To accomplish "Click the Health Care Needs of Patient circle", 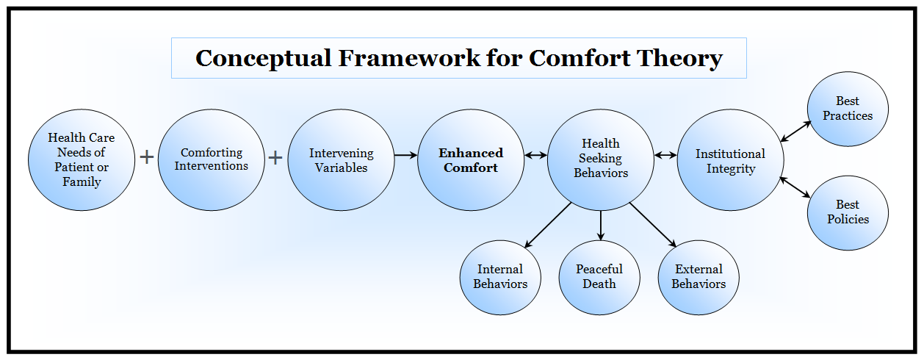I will coord(82,159).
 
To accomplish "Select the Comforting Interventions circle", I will coord(212,159).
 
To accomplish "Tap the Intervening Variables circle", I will coord(341,159).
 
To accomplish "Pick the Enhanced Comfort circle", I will coord(471,159).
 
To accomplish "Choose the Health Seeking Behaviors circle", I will coord(600,159).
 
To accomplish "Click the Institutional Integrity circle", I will coord(730,159).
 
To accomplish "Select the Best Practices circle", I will coord(848,109).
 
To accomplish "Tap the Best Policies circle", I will coord(848,212).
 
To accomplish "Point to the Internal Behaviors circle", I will coord(500,277).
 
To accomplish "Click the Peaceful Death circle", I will coord(599,277).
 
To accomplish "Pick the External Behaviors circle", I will coord(699,277).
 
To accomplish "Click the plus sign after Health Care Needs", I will coord(147,157).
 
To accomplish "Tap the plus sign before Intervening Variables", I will coord(275,157).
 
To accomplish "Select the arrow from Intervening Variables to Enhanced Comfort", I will coord(405,155).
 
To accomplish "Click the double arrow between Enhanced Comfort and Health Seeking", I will coord(535,155).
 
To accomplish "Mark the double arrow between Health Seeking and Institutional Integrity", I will coord(665,155).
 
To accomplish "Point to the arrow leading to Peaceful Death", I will coord(601,226).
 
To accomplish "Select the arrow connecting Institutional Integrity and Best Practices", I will coord(795,131).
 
